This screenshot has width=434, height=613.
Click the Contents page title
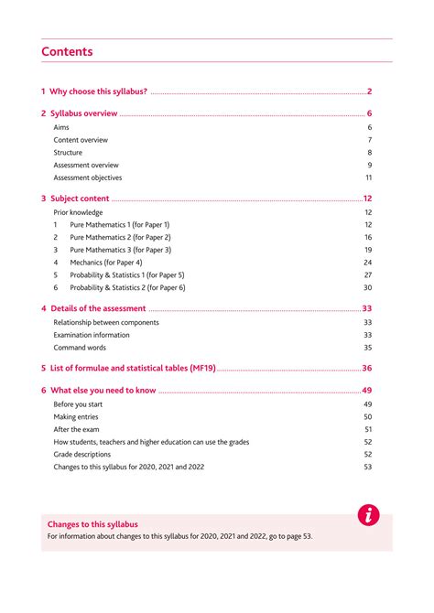click(x=67, y=52)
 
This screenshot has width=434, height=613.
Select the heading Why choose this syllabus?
click(x=94, y=91)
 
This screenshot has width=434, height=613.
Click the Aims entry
click(x=61, y=127)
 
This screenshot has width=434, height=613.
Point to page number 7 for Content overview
click(x=369, y=140)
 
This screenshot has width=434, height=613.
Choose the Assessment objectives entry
click(x=87, y=177)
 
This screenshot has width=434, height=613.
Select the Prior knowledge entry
click(x=78, y=212)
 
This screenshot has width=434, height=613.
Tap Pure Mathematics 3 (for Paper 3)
click(x=120, y=250)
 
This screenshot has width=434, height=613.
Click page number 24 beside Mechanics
click(x=367, y=263)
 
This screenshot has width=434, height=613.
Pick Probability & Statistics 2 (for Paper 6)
click(x=127, y=287)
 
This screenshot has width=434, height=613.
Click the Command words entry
click(x=80, y=348)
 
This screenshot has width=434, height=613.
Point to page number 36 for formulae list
click(x=366, y=369)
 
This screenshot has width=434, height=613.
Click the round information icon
click(x=368, y=515)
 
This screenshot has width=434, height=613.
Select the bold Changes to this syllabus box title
click(x=92, y=524)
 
